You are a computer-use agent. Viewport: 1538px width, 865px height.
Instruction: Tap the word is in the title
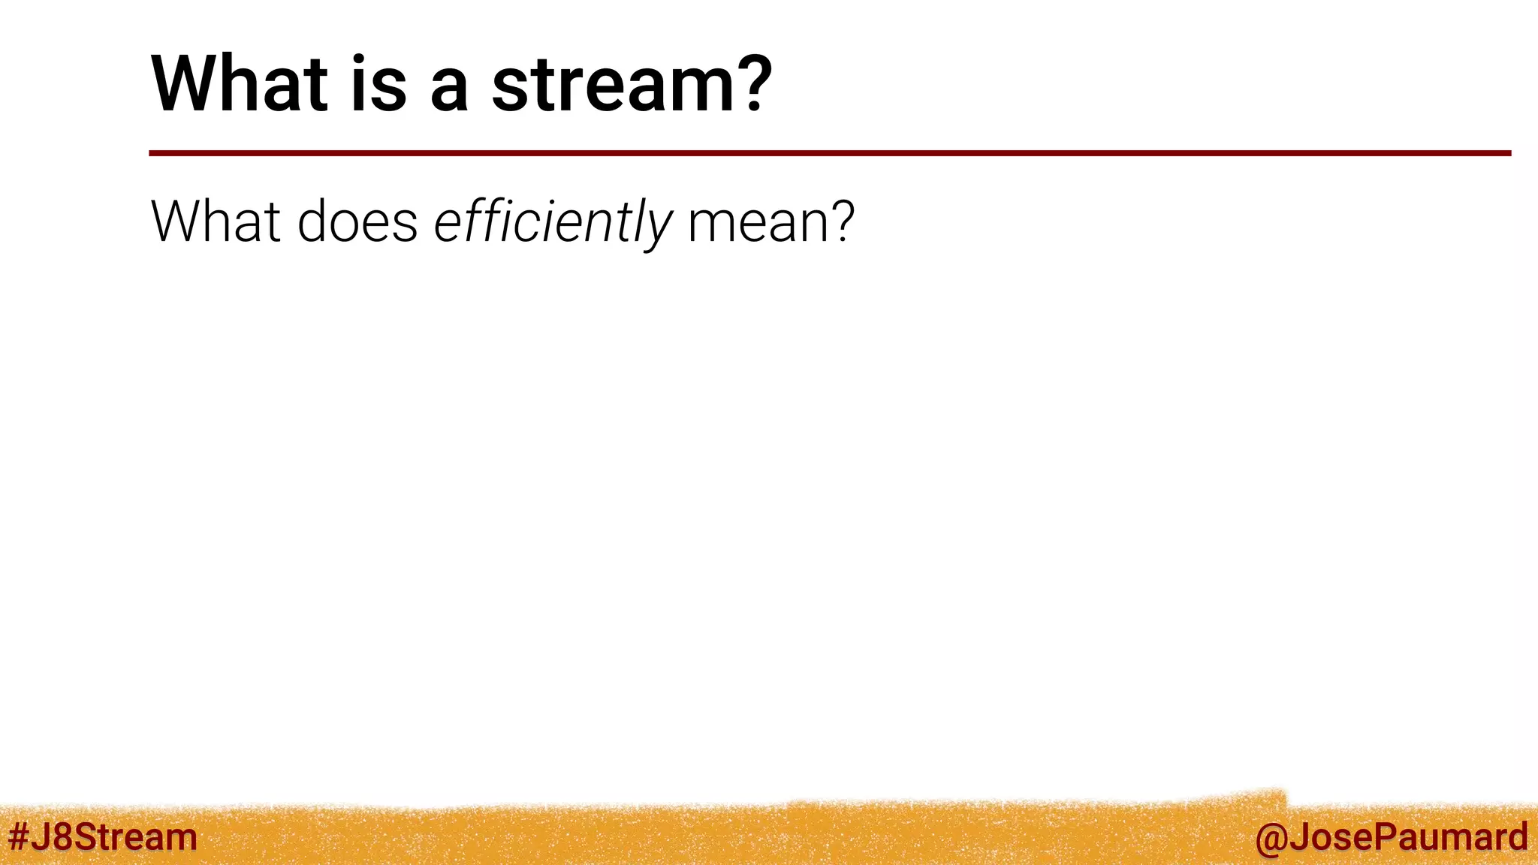tap(378, 84)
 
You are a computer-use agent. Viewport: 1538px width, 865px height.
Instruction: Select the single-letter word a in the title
tap(450, 90)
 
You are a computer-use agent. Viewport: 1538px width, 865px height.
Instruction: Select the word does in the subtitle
tap(357, 222)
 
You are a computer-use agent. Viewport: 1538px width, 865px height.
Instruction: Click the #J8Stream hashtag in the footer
tap(103, 836)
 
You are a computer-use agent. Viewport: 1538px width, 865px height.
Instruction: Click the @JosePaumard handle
tap(1392, 837)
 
